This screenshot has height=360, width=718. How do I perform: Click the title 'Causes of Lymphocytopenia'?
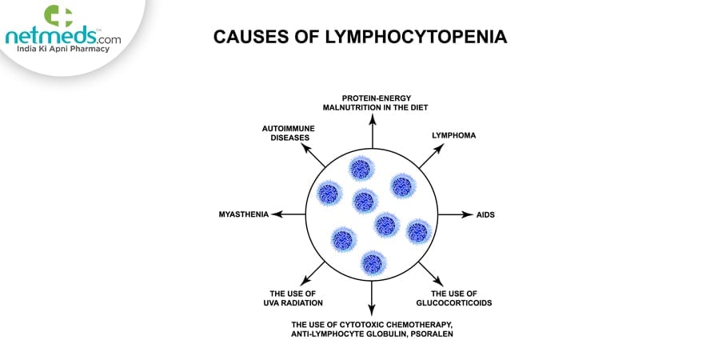360,38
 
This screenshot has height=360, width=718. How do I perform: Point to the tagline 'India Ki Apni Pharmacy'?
59,50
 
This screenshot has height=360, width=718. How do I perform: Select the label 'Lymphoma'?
453,135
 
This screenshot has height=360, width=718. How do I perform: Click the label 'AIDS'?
485,214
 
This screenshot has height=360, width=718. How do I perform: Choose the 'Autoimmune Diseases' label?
287,131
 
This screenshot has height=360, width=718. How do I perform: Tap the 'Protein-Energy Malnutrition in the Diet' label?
371,102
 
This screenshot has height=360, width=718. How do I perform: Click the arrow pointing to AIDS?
456,214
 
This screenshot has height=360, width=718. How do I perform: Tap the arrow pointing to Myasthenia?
288,214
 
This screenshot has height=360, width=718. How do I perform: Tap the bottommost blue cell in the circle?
372,262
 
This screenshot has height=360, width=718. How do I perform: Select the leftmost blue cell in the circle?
329,193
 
